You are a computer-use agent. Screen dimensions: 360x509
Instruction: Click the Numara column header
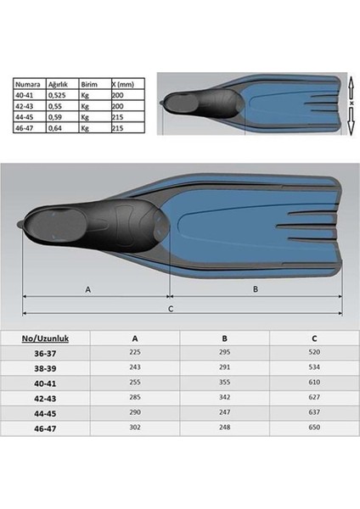coord(28,84)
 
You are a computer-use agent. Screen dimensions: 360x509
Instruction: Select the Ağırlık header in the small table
coord(58,84)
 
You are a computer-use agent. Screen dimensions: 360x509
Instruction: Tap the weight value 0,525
coord(57,95)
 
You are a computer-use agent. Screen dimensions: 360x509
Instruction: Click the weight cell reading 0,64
coord(55,128)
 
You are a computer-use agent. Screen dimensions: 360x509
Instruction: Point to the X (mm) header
coord(123,84)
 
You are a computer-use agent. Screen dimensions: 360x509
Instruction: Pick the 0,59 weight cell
coord(55,117)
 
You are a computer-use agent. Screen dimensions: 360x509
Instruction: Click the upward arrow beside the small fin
coord(351,87)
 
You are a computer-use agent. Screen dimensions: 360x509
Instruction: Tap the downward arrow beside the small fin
coord(351,120)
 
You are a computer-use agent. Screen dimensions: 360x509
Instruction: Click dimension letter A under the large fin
coord(87,289)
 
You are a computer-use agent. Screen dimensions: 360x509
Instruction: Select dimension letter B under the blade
coord(256,289)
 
